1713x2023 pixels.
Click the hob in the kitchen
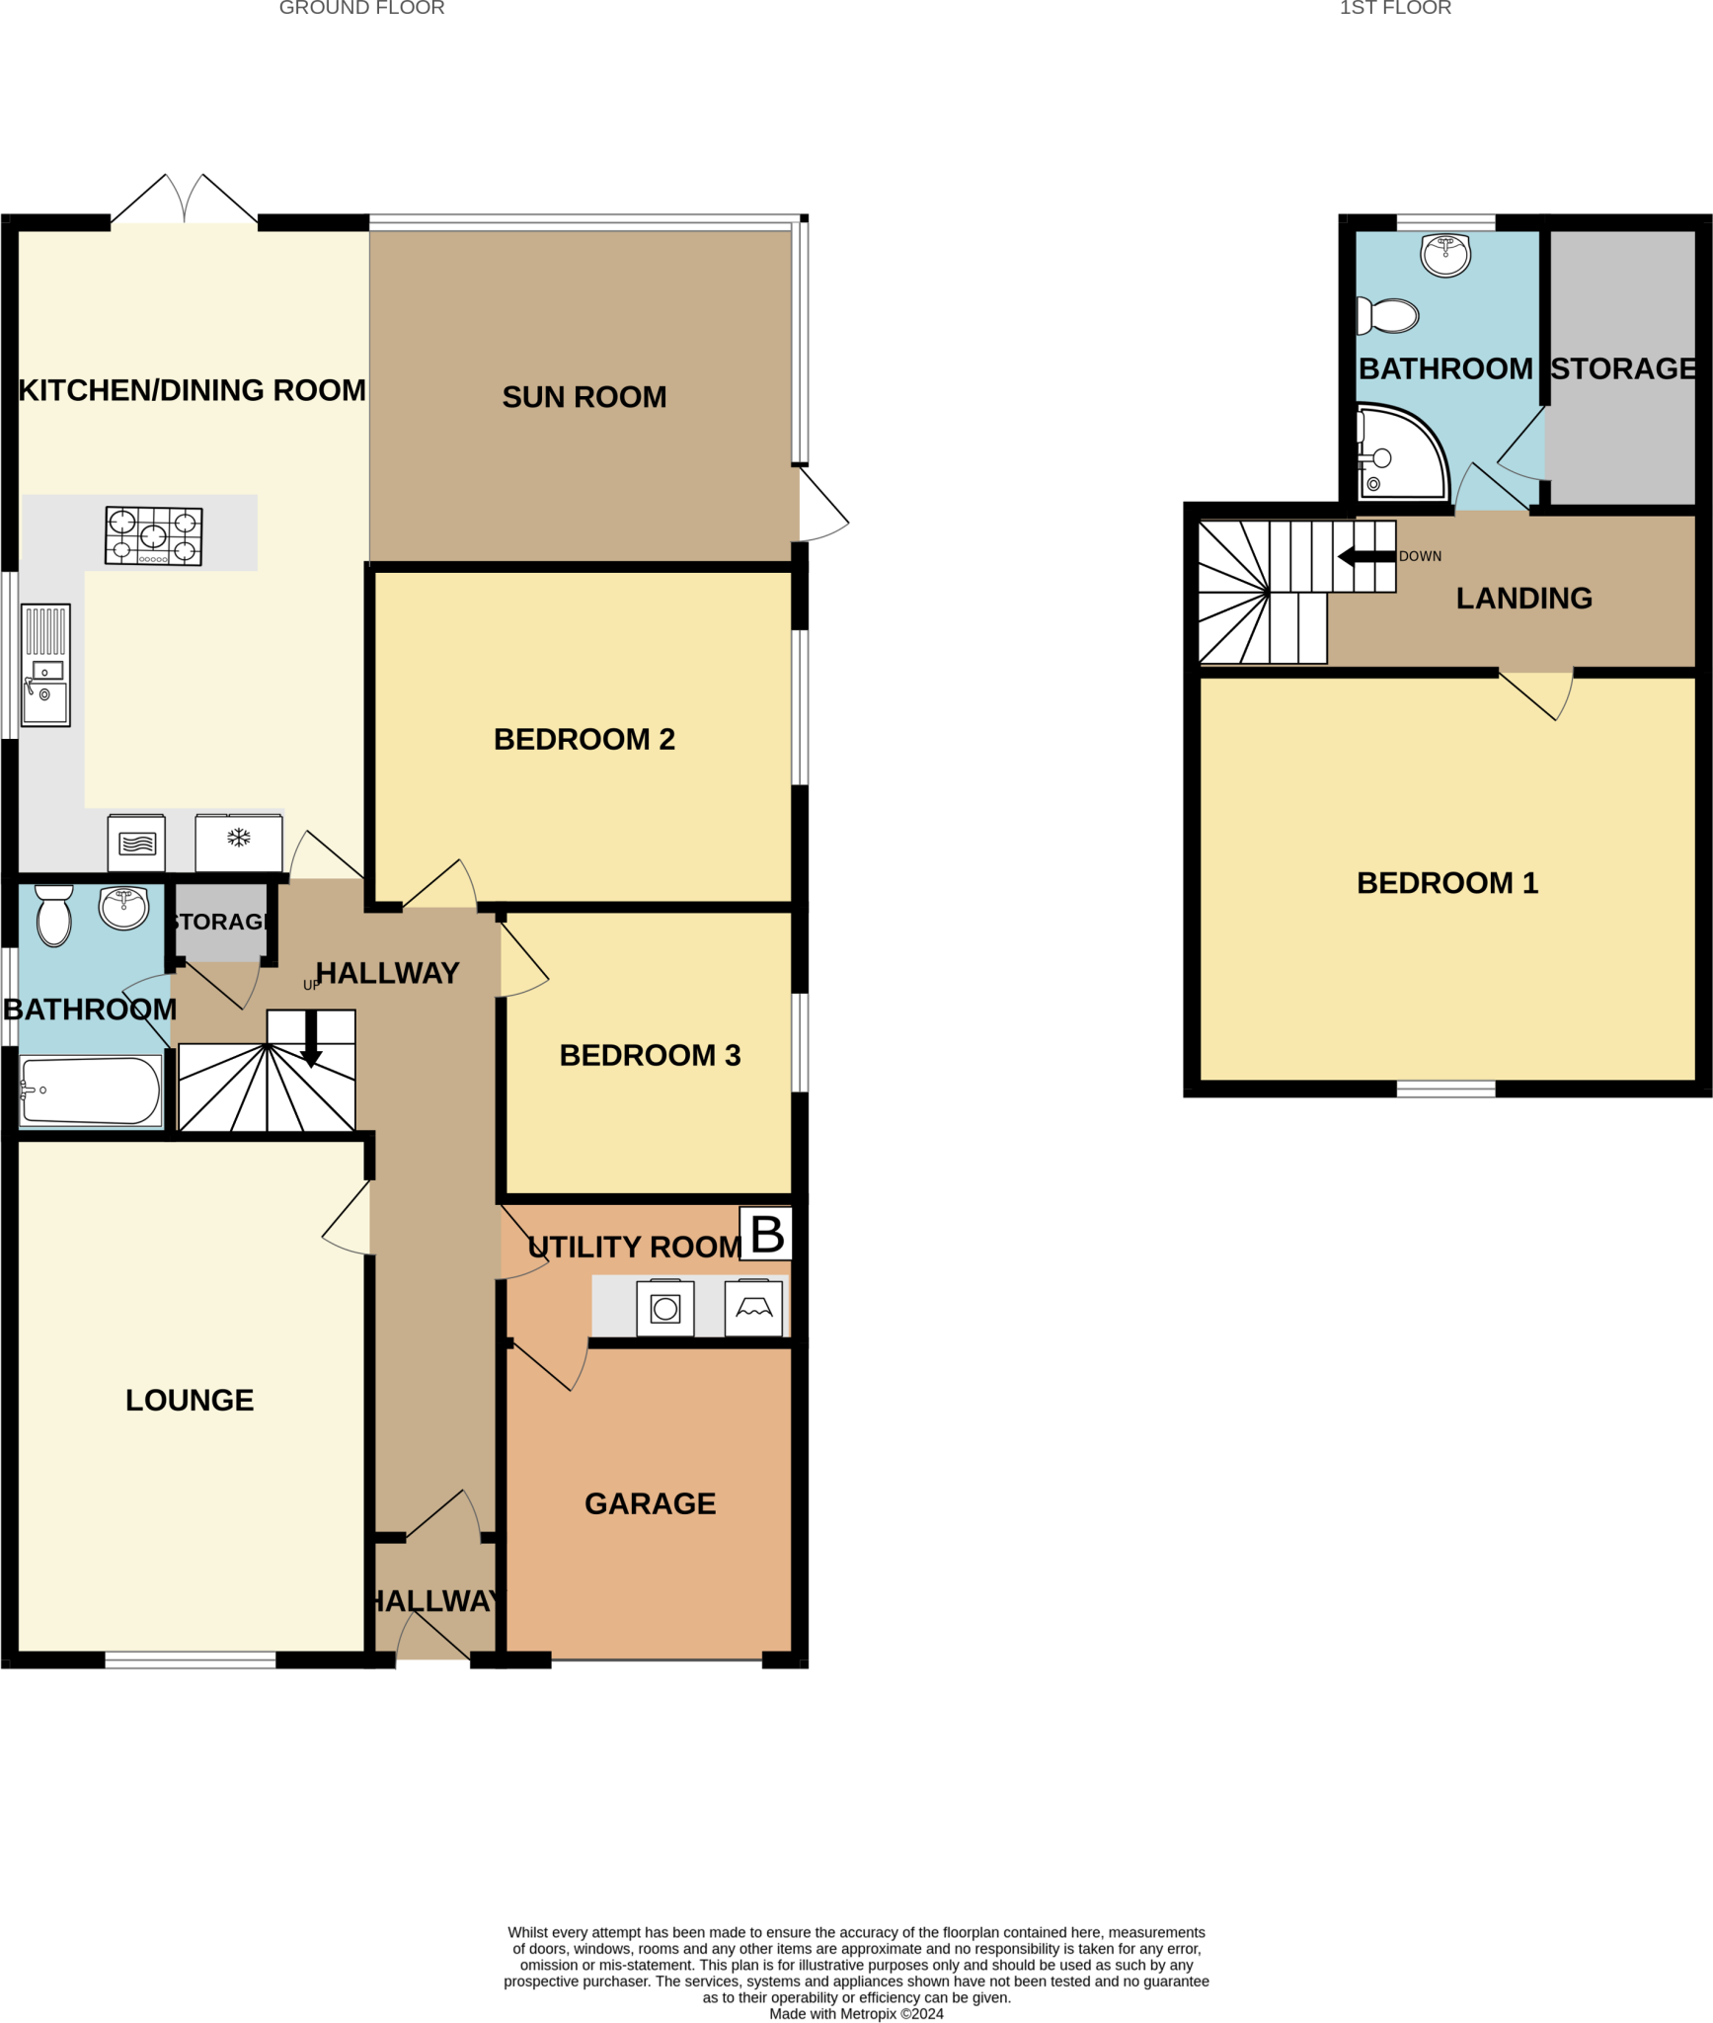[x=154, y=535]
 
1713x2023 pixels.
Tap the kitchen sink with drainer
[x=45, y=665]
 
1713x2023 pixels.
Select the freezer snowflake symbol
[x=239, y=839]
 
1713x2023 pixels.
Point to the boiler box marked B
[x=767, y=1234]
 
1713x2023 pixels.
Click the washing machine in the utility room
[x=665, y=1308]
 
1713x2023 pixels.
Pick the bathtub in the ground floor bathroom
[x=90, y=1091]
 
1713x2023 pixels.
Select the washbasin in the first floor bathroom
[x=1445, y=255]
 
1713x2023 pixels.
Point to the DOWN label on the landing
[x=1420, y=556]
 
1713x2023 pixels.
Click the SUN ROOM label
[x=584, y=397]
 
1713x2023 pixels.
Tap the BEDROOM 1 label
[x=1447, y=883]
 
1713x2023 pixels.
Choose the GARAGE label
[x=650, y=1503]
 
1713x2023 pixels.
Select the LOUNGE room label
[x=190, y=1400]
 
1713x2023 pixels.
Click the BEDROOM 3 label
[x=650, y=1055]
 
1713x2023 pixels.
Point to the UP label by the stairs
[x=311, y=985]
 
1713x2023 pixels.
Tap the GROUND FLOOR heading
[x=361, y=8]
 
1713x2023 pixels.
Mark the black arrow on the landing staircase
[x=1366, y=557]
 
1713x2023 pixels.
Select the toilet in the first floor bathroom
[x=1389, y=316]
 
